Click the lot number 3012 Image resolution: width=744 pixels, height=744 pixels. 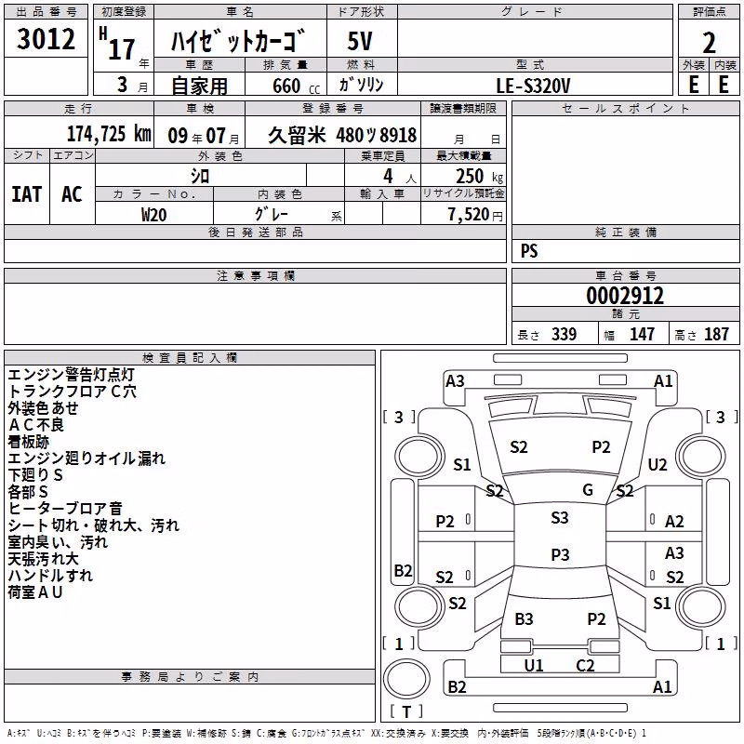coord(46,39)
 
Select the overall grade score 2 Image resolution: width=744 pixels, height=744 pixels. coord(709,43)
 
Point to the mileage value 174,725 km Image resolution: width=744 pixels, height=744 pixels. coord(109,134)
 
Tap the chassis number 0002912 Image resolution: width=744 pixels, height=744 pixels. coord(625,296)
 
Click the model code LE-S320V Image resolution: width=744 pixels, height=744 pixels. coord(533,86)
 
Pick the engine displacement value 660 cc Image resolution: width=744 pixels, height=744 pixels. coord(296,86)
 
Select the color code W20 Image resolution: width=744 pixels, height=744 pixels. coord(153,215)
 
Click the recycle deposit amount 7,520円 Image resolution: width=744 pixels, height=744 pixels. coord(475,215)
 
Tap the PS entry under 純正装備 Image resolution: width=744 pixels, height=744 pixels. coord(529,251)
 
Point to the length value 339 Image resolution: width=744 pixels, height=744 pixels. coord(564,334)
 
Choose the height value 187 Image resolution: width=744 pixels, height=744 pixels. coord(716,334)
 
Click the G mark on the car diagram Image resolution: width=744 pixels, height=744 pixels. coord(588,489)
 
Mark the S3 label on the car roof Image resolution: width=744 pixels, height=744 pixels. coord(560,517)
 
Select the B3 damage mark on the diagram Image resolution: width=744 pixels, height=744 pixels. coord(524,618)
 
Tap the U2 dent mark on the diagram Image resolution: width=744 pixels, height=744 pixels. coord(658,464)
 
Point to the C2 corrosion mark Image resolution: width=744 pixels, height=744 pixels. coord(585,665)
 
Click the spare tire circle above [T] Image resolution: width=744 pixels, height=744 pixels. coord(406,679)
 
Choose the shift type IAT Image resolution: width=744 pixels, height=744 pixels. coord(26,194)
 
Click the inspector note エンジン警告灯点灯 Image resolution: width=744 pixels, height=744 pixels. coord(72,375)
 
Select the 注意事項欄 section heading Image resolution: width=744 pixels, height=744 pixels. coord(256,275)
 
